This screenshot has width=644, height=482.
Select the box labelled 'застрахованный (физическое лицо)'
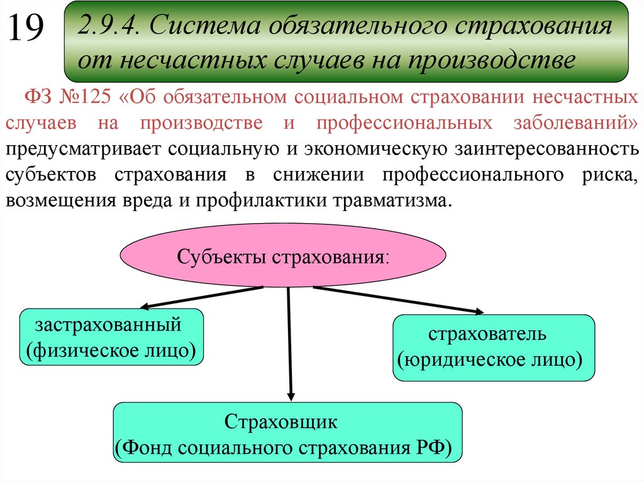(x=113, y=337)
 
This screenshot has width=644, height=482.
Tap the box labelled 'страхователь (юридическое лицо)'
(x=493, y=348)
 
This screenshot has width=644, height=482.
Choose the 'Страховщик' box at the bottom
(x=287, y=434)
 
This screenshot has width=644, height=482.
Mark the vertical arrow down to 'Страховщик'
(x=289, y=342)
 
